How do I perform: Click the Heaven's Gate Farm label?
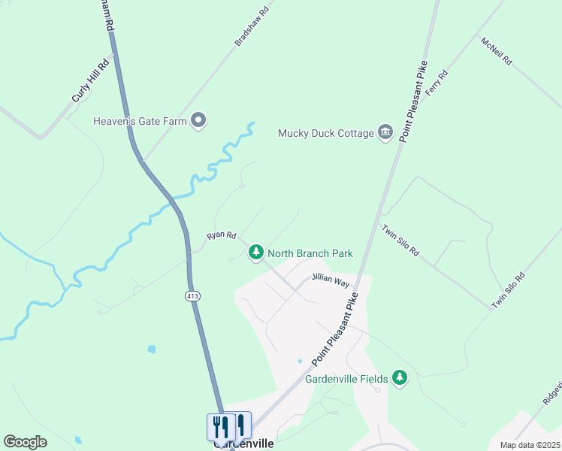pos(140,120)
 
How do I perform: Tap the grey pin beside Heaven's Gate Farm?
pos(198,120)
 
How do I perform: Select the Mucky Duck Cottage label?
pos(326,133)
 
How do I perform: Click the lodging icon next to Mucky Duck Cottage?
pos(385,132)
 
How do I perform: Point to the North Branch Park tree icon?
pos(256,253)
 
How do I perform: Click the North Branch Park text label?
pos(310,253)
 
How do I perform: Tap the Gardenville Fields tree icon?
pos(400,378)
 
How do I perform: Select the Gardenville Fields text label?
pos(346,378)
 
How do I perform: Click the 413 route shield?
pos(192,296)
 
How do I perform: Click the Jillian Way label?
pos(331,280)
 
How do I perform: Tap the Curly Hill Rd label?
pos(91,80)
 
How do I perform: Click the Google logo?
pos(25,442)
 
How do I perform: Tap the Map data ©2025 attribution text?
pos(529,445)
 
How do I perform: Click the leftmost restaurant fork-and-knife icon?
pos(220,427)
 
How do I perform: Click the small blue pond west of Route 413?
pos(153,350)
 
